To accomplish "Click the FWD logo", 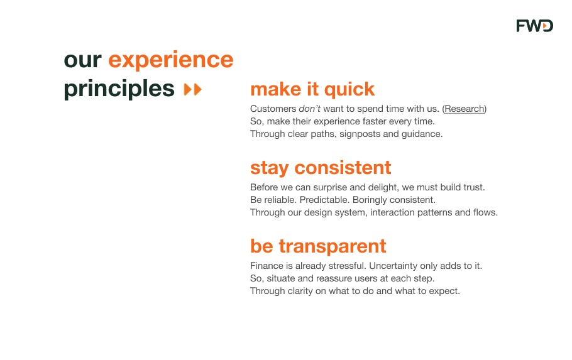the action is (535, 26).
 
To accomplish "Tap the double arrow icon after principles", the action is (192, 89).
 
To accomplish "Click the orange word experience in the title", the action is (171, 60).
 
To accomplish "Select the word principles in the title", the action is (119, 89).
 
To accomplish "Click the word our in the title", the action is (83, 60).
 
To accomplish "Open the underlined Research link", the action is (465, 109).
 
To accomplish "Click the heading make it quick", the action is (312, 89).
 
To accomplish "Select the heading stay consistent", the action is (321, 168).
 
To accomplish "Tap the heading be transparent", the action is (318, 246).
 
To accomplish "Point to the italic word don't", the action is (309, 109).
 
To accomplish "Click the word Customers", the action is (273, 109).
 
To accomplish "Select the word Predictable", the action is (325, 200).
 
